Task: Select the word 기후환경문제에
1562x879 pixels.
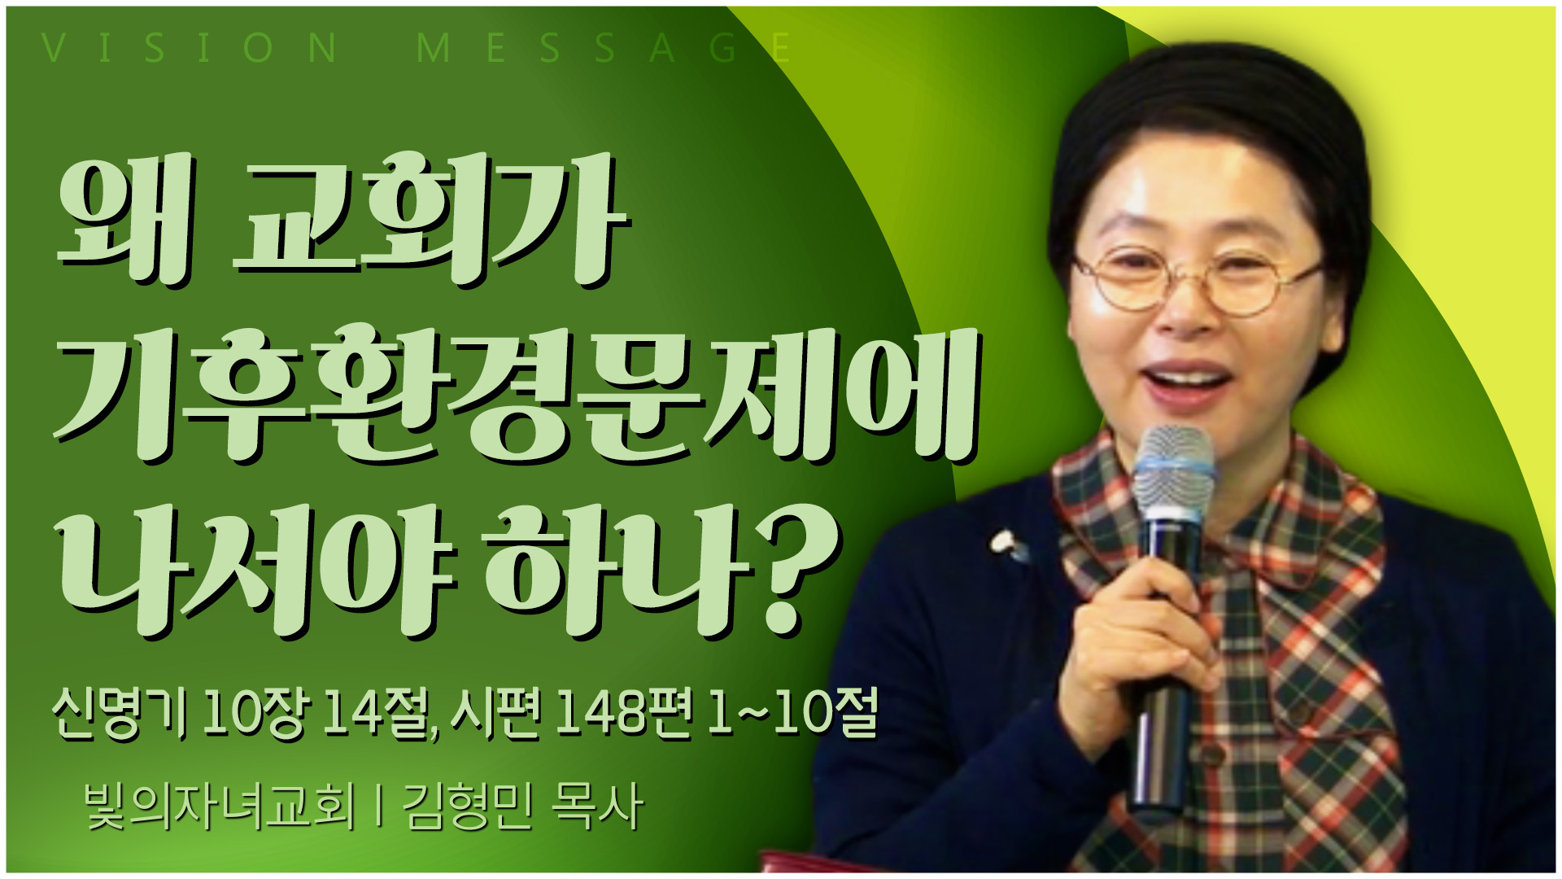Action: (x=517, y=396)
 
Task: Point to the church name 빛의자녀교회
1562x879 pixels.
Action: (x=220, y=807)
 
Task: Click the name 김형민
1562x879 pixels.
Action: (x=468, y=807)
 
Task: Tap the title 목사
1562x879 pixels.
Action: (x=597, y=807)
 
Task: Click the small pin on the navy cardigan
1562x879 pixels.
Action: (x=1006, y=544)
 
